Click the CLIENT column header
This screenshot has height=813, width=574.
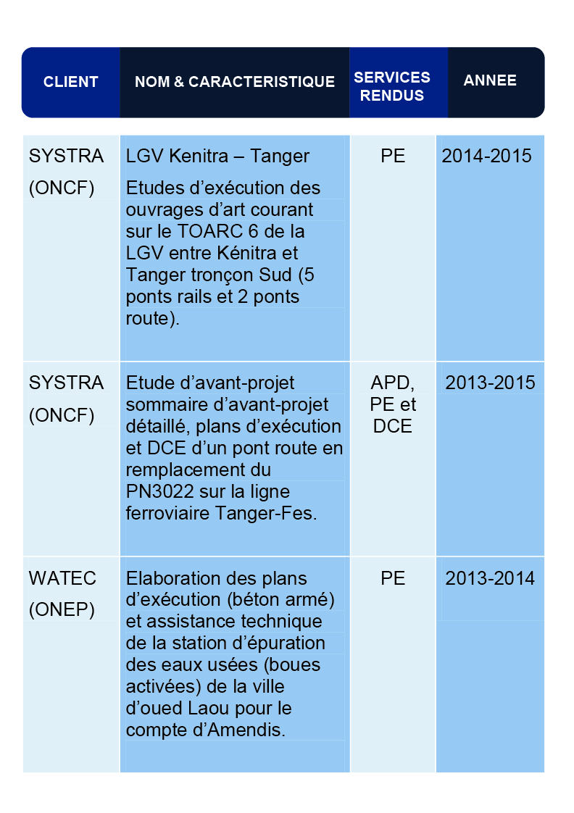click(70, 82)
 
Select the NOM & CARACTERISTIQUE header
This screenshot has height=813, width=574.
click(235, 82)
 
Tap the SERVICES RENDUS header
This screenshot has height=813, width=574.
click(392, 86)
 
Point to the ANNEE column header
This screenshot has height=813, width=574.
click(490, 80)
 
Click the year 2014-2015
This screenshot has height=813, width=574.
click(486, 156)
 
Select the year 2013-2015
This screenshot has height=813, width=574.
click(490, 383)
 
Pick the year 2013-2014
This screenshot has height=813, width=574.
click(490, 578)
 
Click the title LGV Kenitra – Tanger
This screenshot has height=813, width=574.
click(217, 156)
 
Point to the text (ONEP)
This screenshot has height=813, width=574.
click(62, 610)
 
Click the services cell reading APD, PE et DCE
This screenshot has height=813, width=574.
click(393, 404)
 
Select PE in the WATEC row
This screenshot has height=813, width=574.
click(393, 578)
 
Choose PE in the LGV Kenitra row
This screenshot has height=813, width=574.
click(393, 156)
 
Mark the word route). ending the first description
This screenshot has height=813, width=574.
click(152, 319)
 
